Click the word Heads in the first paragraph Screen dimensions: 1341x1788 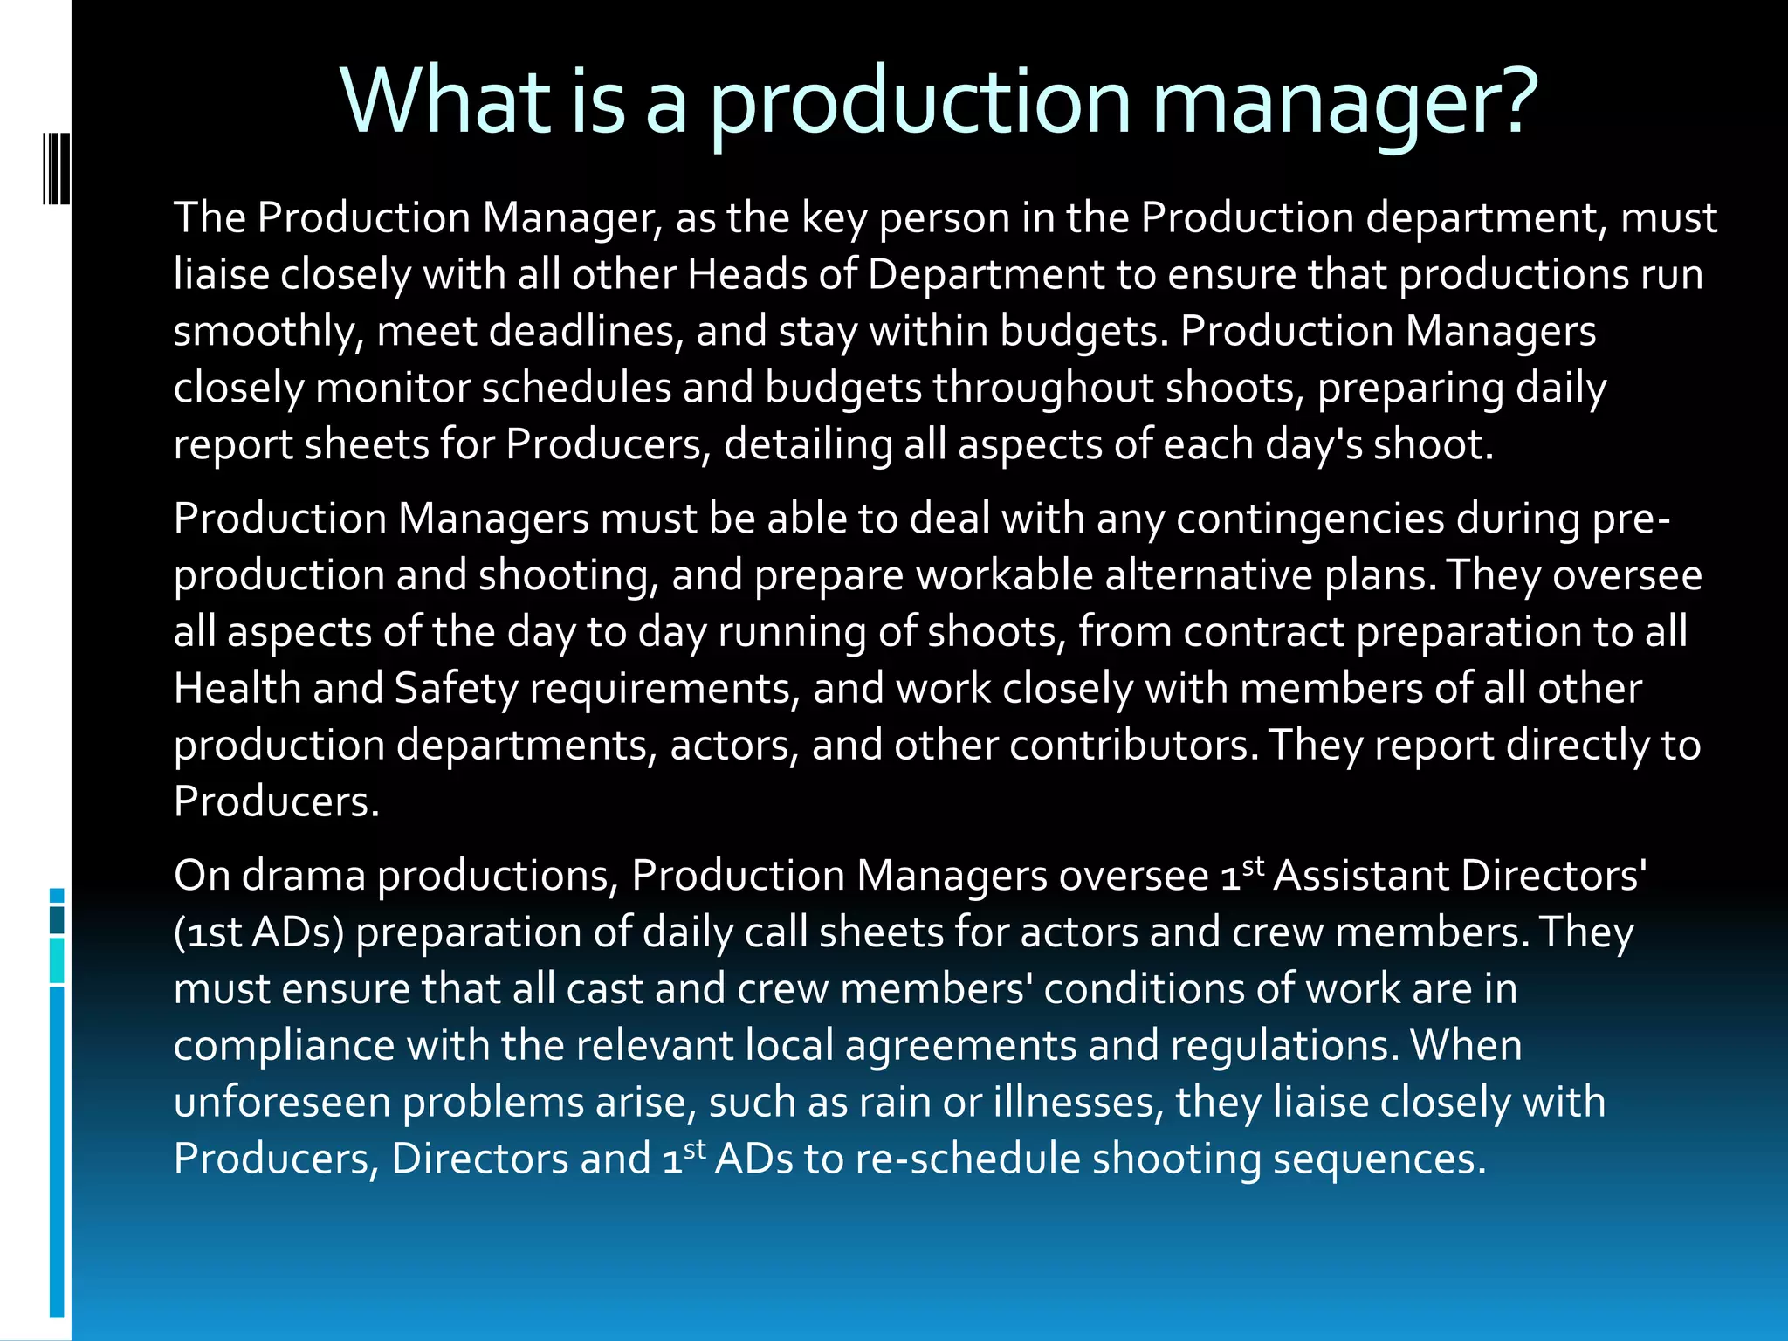pos(746,274)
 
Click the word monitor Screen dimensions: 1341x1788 pos(392,388)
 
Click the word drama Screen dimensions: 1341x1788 pos(303,875)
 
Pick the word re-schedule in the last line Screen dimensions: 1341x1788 pos(967,1159)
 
